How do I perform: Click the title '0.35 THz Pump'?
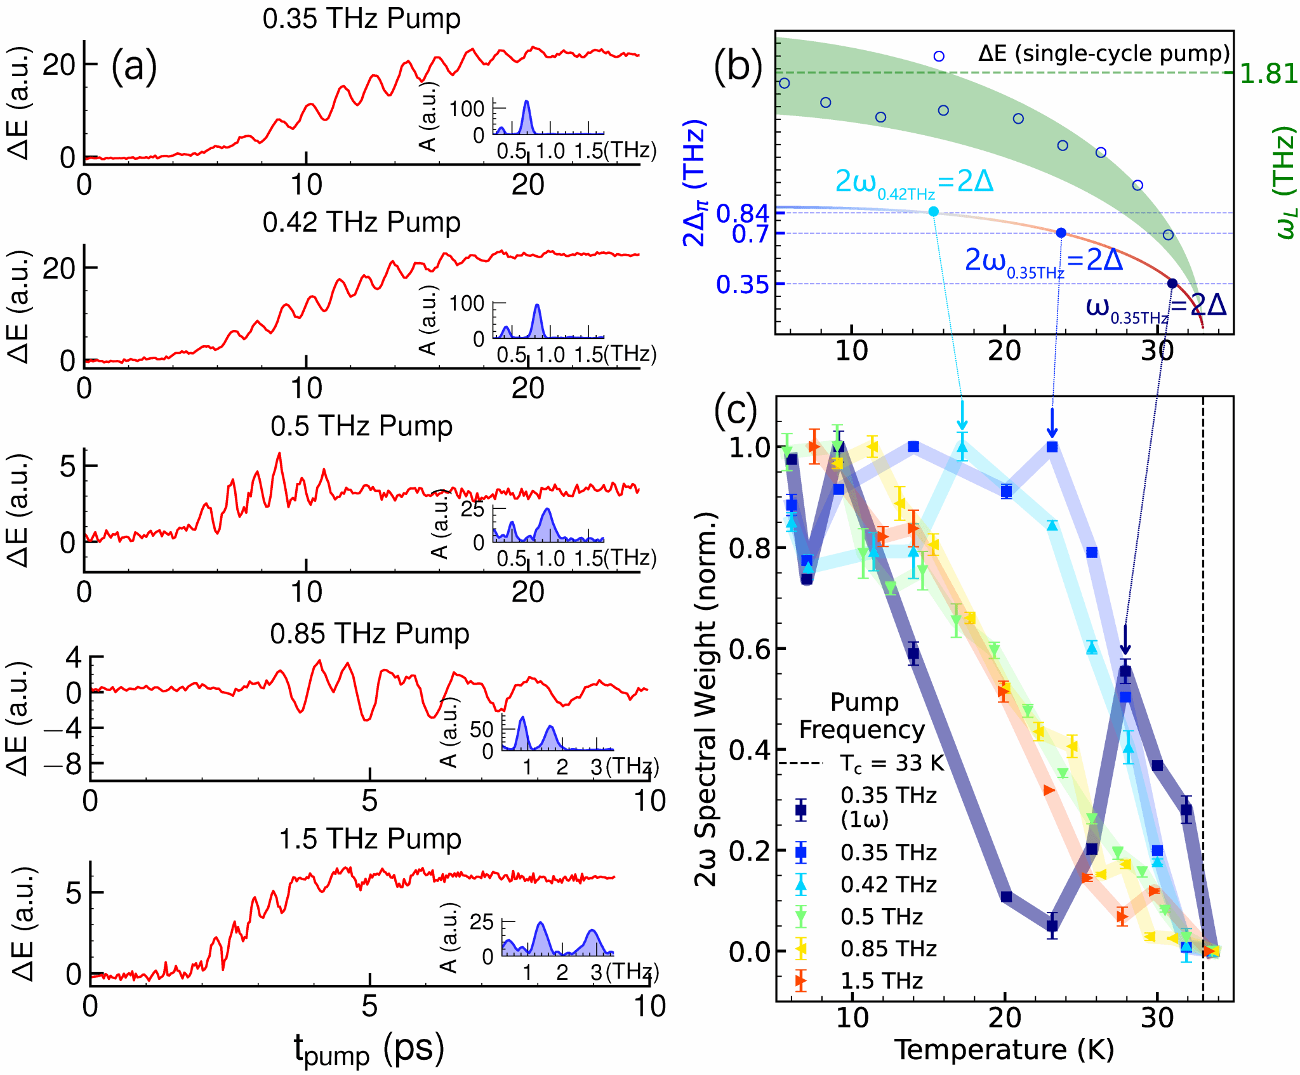click(361, 19)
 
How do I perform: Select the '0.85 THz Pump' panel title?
click(369, 633)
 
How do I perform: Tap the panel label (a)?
click(134, 67)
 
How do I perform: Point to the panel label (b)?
click(738, 65)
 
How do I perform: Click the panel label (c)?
click(736, 411)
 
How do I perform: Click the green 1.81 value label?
click(1268, 74)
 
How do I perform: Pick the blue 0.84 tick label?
click(743, 214)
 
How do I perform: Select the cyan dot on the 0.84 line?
click(933, 211)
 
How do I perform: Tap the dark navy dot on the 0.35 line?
click(1172, 284)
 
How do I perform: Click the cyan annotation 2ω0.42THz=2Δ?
click(914, 183)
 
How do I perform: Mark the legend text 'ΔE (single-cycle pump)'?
click(1104, 54)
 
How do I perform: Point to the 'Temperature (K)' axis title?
click(1004, 1050)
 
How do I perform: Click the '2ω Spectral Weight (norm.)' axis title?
click(705, 698)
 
